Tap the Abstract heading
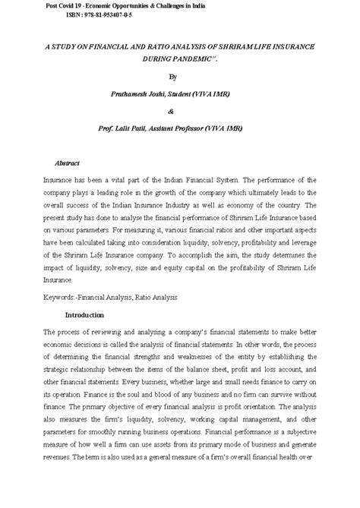click(68, 163)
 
